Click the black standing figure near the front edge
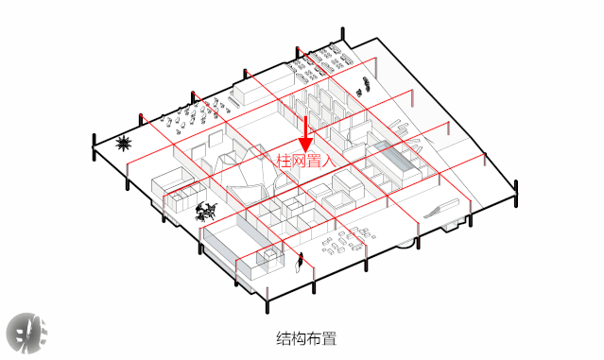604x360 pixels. coord(301,261)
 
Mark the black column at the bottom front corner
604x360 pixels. coord(267,305)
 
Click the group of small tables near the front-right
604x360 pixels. coord(345,245)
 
